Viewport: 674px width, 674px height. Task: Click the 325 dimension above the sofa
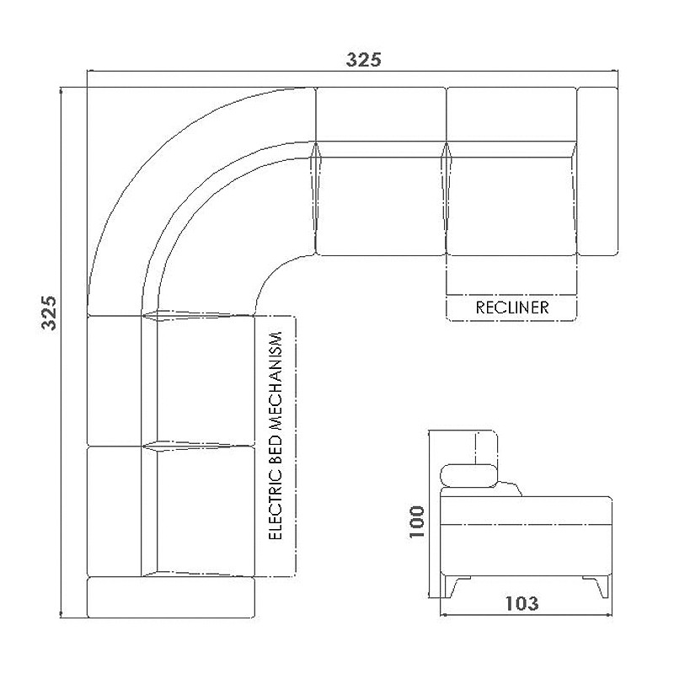[x=364, y=60]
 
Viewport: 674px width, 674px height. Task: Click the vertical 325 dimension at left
[x=49, y=313]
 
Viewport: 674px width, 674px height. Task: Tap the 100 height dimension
[x=416, y=522]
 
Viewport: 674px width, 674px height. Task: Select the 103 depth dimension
[x=522, y=603]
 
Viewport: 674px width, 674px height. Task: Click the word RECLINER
[x=512, y=308]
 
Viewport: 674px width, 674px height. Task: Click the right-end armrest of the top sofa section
[x=597, y=172]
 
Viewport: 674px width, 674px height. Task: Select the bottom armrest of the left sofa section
[x=171, y=597]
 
